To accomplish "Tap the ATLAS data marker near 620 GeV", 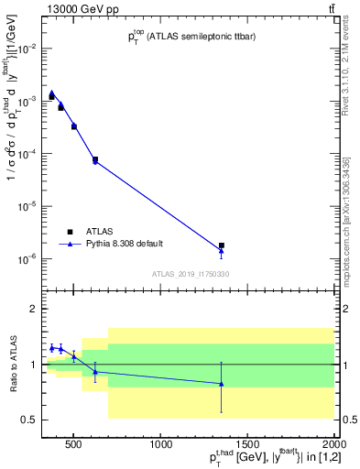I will click(x=95, y=159).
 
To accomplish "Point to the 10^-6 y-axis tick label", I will click(x=28, y=259).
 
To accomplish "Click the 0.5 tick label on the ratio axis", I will click(x=29, y=420).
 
